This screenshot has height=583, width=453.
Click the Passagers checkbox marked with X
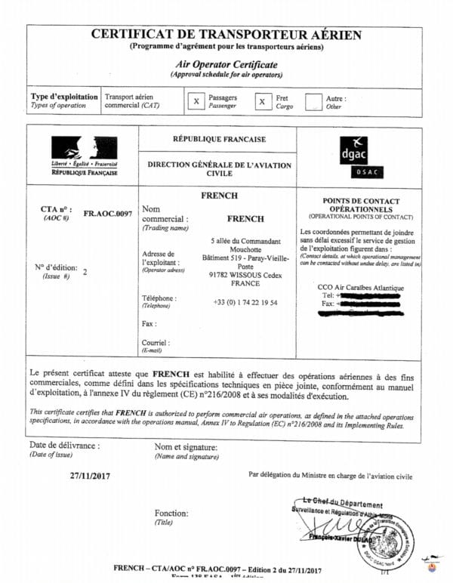coord(196,101)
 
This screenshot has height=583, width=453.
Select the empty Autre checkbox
coord(313,101)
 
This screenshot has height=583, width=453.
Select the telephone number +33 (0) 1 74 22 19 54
coord(245,302)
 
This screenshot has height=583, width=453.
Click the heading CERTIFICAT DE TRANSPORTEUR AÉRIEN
coord(226,35)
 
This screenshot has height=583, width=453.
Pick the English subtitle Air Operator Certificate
coord(226,65)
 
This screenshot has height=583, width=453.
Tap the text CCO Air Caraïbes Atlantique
coord(362,287)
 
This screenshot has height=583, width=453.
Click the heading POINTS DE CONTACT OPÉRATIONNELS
coord(361,205)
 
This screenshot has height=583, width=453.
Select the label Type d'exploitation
coord(64,97)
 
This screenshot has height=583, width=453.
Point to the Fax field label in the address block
coord(149,323)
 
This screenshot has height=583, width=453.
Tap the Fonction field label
coord(171,514)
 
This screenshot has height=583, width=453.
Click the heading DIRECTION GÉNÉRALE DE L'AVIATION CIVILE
coord(219,168)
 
